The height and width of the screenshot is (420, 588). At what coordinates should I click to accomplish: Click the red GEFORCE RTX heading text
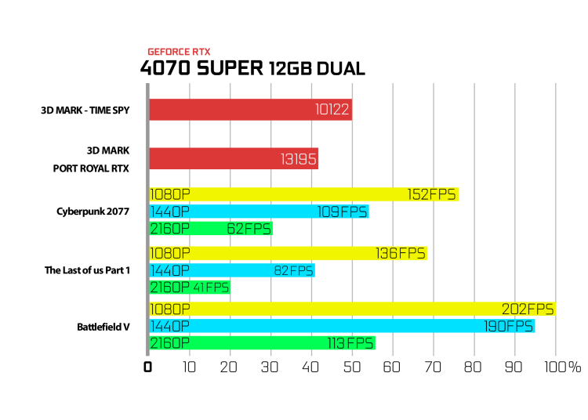pos(179,52)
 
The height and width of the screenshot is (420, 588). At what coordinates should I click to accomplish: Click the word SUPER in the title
pos(230,68)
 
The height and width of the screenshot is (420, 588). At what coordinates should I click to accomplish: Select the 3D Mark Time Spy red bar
pos(251,110)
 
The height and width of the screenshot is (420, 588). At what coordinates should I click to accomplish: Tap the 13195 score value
pos(299,159)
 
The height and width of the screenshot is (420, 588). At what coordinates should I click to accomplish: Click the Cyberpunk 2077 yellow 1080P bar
pos(303,194)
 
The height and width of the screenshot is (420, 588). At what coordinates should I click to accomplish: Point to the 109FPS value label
pos(342,212)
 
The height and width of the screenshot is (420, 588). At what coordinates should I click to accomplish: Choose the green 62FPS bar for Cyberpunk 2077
pos(211,229)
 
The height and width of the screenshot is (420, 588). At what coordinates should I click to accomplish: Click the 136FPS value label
pos(401,254)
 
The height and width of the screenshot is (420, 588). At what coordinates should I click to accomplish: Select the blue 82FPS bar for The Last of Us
pos(232,270)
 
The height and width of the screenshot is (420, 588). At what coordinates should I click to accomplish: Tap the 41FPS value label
pos(211,288)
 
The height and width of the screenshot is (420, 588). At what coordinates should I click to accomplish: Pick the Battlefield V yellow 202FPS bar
pos(353,309)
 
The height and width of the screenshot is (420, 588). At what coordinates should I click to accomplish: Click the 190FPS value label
pos(508,326)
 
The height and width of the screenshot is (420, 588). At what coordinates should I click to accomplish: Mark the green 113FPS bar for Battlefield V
pos(262,343)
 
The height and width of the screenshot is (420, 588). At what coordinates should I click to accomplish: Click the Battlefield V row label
pos(103,327)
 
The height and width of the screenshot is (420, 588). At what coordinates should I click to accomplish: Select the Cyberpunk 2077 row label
pos(93,212)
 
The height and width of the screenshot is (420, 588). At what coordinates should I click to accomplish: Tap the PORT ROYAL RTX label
pos(91,168)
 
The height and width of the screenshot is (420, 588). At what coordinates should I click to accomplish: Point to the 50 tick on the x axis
pos(352,367)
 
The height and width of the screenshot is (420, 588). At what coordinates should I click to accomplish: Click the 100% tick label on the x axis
pos(563,367)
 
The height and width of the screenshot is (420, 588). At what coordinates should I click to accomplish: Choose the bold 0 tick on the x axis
pos(147,367)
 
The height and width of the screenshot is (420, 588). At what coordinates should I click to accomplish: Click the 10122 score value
pos(332,110)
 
